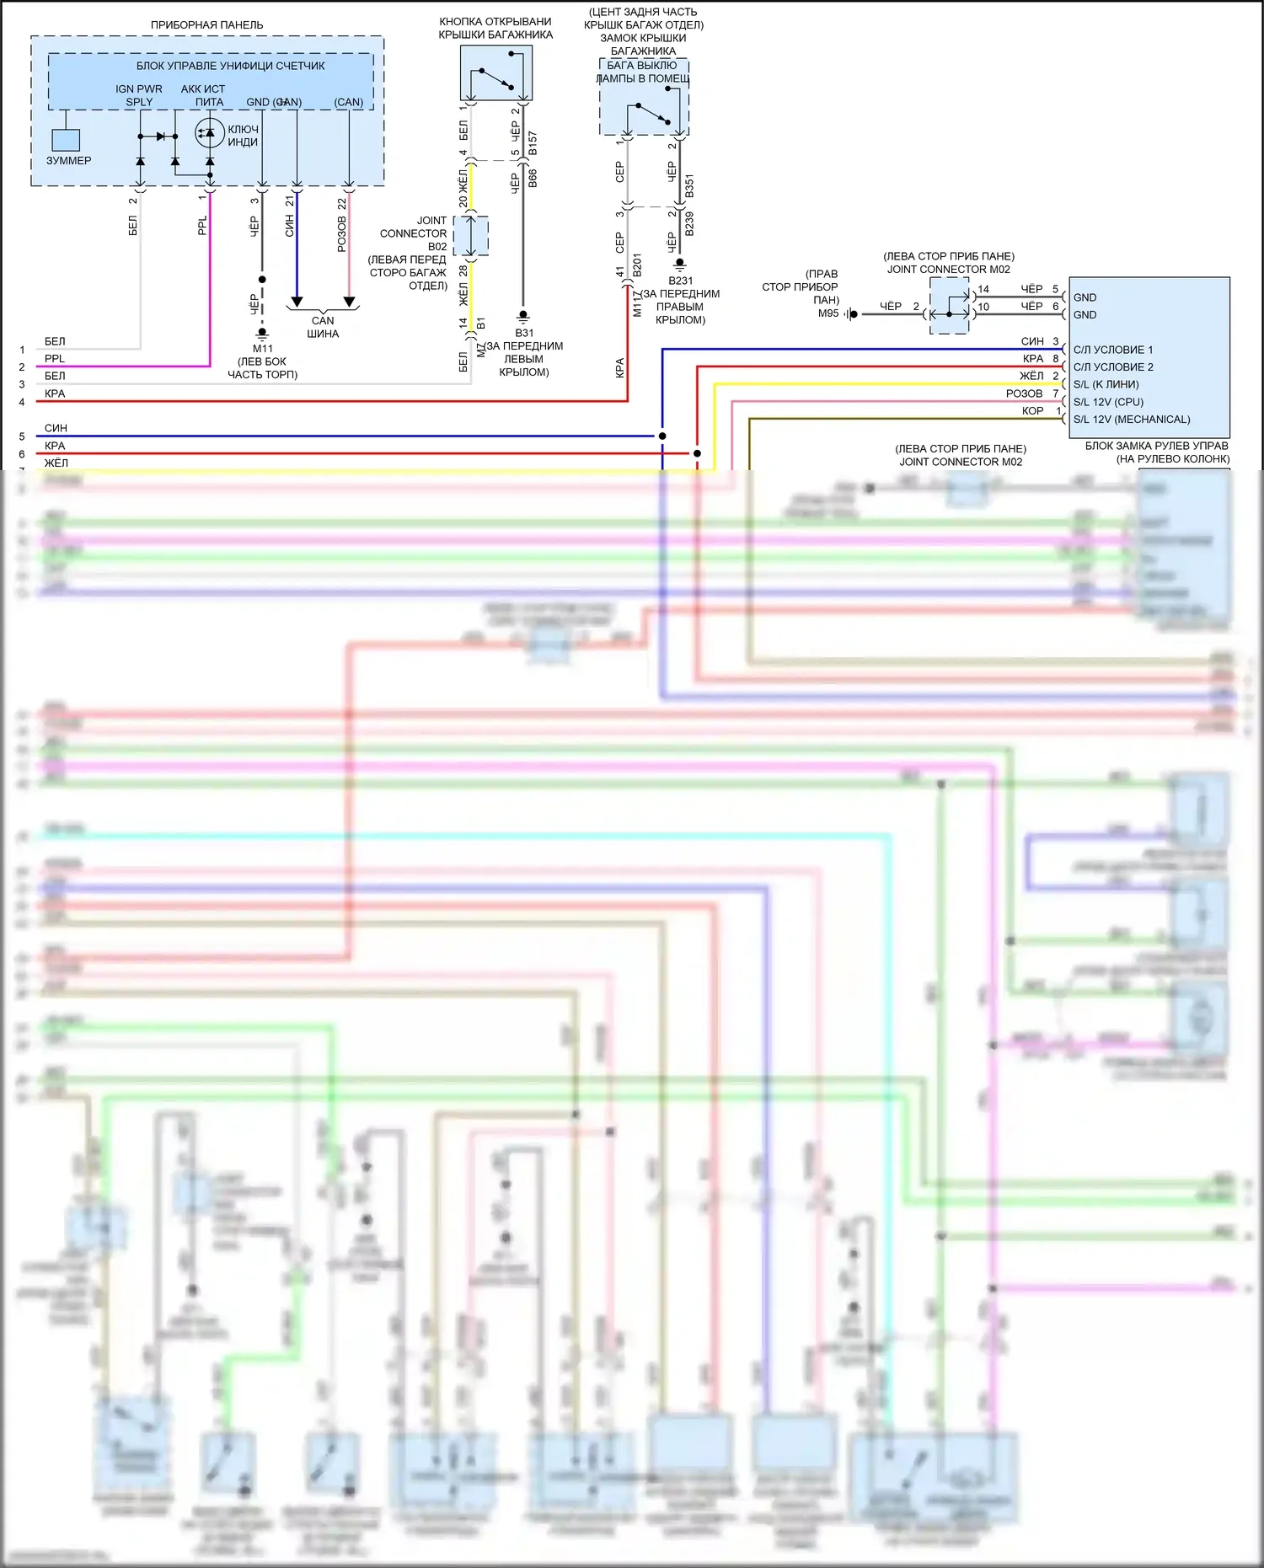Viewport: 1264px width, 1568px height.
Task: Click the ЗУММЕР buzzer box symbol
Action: click(x=66, y=140)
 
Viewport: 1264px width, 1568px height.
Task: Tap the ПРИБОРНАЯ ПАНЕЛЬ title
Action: click(x=206, y=25)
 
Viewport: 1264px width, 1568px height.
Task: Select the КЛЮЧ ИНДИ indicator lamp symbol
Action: click(x=210, y=133)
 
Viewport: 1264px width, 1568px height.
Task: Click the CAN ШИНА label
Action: click(x=323, y=327)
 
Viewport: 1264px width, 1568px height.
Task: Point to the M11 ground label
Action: click(x=263, y=349)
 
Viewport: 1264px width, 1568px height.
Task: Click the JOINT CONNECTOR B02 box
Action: click(x=471, y=236)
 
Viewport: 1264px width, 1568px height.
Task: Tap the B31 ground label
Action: click(x=524, y=333)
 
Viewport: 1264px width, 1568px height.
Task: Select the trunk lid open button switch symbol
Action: click(x=496, y=73)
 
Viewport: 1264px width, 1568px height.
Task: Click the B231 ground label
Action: click(x=681, y=281)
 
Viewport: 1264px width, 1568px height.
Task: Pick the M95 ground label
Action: click(x=828, y=313)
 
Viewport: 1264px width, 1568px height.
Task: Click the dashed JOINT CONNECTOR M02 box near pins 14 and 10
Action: click(x=949, y=306)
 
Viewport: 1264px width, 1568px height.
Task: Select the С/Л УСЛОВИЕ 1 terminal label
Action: click(x=1112, y=350)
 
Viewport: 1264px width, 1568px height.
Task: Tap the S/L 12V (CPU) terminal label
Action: click(x=1108, y=402)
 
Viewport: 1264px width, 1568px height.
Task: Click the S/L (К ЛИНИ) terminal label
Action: click(x=1106, y=384)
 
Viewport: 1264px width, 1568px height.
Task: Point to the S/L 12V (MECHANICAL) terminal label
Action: click(x=1131, y=420)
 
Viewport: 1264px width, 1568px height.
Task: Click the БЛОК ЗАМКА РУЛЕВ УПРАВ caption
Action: click(x=1156, y=446)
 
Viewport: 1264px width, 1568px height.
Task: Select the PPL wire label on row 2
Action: click(x=55, y=359)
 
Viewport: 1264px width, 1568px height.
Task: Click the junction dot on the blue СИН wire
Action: click(x=662, y=436)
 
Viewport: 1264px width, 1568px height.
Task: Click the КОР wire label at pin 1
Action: click(x=1032, y=411)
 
